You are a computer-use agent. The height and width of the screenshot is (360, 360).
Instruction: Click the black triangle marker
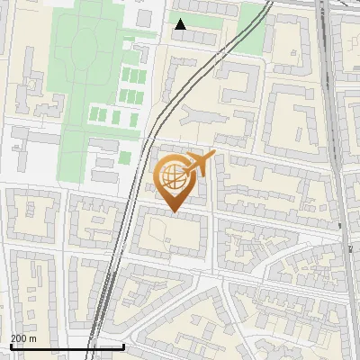(x=181, y=24)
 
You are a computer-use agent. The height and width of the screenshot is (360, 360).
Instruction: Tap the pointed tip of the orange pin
(x=173, y=212)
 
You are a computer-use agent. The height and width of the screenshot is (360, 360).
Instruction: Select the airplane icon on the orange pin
(x=199, y=164)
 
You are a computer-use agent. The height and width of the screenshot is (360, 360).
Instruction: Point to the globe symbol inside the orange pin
(x=173, y=178)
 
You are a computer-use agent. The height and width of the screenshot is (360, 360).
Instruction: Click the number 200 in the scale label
(x=19, y=338)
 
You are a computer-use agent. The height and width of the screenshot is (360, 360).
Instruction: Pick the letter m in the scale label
(x=33, y=338)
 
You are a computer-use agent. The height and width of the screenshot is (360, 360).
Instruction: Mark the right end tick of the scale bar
(x=123, y=346)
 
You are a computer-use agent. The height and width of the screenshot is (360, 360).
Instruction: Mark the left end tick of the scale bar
(x=10, y=346)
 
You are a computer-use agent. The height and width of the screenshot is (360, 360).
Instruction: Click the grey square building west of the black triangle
(x=144, y=18)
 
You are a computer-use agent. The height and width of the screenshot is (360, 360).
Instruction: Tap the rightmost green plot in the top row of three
(x=143, y=76)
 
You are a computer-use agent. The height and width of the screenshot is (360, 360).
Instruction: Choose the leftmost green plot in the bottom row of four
(x=94, y=116)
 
